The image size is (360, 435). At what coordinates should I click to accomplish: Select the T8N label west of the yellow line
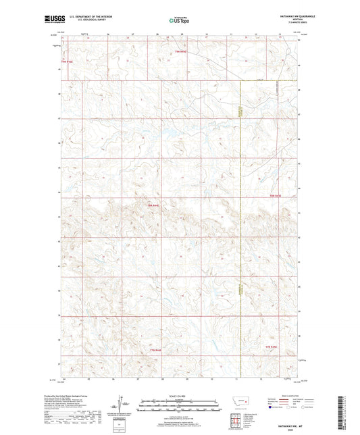point(153,205)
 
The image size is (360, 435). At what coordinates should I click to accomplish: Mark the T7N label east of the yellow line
point(269,346)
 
